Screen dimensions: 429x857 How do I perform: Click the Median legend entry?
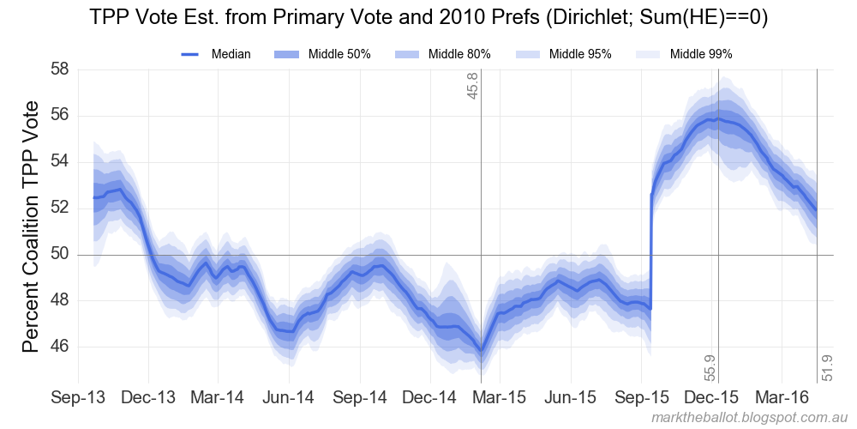tap(216, 54)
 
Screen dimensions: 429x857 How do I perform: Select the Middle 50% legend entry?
tap(322, 54)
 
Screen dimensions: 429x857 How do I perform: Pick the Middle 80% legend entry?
tap(442, 54)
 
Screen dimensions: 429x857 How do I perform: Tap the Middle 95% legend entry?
tap(562, 54)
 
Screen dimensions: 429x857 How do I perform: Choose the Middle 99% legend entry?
tap(683, 54)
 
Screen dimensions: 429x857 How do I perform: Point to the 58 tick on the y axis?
tap(59, 69)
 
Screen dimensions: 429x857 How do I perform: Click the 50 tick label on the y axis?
tap(59, 255)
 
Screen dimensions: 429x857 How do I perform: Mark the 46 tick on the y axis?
tap(59, 347)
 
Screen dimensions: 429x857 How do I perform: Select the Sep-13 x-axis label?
tap(78, 399)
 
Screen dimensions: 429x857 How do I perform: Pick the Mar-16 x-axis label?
tap(782, 399)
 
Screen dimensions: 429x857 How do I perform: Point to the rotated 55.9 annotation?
tap(710, 366)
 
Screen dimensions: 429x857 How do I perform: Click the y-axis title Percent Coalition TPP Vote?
tap(31, 227)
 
